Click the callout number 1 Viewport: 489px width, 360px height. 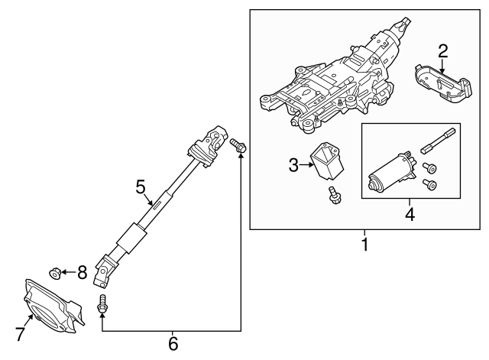pyautogui.click(x=365, y=246)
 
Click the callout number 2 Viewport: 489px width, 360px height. pyautogui.click(x=442, y=52)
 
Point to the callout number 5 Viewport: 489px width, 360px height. pyautogui.click(x=140, y=186)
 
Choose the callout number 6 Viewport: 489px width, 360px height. pyautogui.click(x=173, y=345)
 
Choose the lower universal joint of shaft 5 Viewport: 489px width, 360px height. pyautogui.click(x=105, y=267)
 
